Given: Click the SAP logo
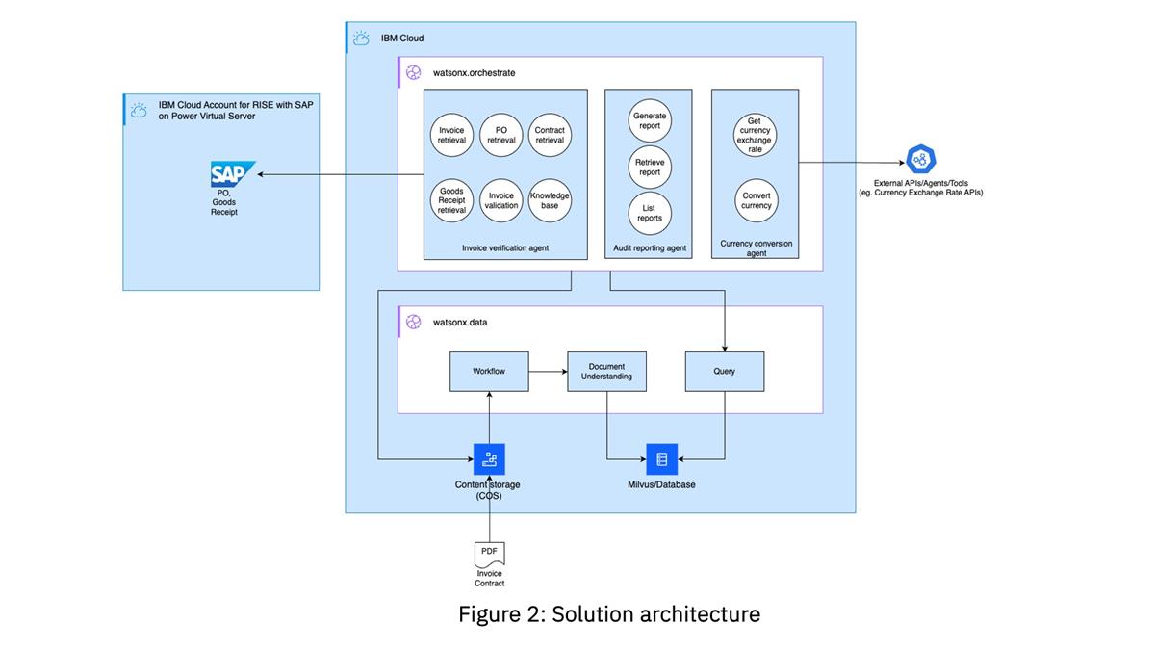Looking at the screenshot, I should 232,174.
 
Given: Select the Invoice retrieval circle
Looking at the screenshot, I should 451,135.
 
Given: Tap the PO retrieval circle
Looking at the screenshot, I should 500,135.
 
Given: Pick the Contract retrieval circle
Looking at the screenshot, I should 550,135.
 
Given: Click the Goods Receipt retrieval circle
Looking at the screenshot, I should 451,200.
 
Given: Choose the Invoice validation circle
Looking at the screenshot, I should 500,200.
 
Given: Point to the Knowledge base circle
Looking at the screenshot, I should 550,200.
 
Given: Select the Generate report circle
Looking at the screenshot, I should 650,120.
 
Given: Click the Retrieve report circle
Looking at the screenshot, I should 650,167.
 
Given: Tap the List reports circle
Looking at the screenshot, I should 650,213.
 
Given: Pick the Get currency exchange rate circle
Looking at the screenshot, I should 755,135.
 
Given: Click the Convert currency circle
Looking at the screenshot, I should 756,200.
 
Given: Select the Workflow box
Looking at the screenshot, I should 489,371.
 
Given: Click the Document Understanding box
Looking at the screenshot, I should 606,371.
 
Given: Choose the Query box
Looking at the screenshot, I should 724,371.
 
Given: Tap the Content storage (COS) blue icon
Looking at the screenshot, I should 489,459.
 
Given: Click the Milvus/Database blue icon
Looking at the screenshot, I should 661,459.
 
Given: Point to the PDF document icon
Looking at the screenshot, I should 489,553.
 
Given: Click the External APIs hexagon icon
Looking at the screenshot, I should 920,160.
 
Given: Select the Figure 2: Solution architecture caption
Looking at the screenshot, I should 608,613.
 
